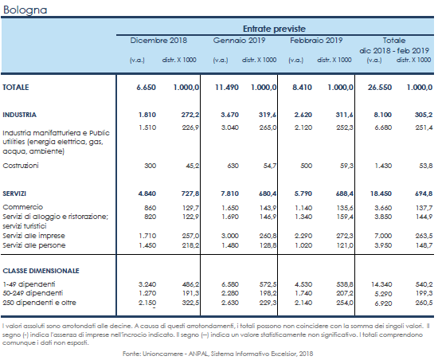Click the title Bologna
[25, 10]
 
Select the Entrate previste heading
[274, 29]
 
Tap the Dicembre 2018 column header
[158, 41]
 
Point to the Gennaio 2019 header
[239, 41]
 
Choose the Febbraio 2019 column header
[316, 41]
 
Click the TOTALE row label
[16, 88]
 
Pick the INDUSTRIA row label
[19, 115]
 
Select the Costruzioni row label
[21, 166]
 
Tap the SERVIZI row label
[14, 194]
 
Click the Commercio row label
[22, 207]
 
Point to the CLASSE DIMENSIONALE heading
[41, 271]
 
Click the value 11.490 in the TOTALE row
[227, 88]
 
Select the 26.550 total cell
[380, 88]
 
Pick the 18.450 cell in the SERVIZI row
[381, 194]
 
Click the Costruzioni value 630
[233, 166]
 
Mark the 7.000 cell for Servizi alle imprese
[383, 236]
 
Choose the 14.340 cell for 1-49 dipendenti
[381, 284]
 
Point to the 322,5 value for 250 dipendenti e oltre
[190, 303]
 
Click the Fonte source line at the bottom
[217, 354]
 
